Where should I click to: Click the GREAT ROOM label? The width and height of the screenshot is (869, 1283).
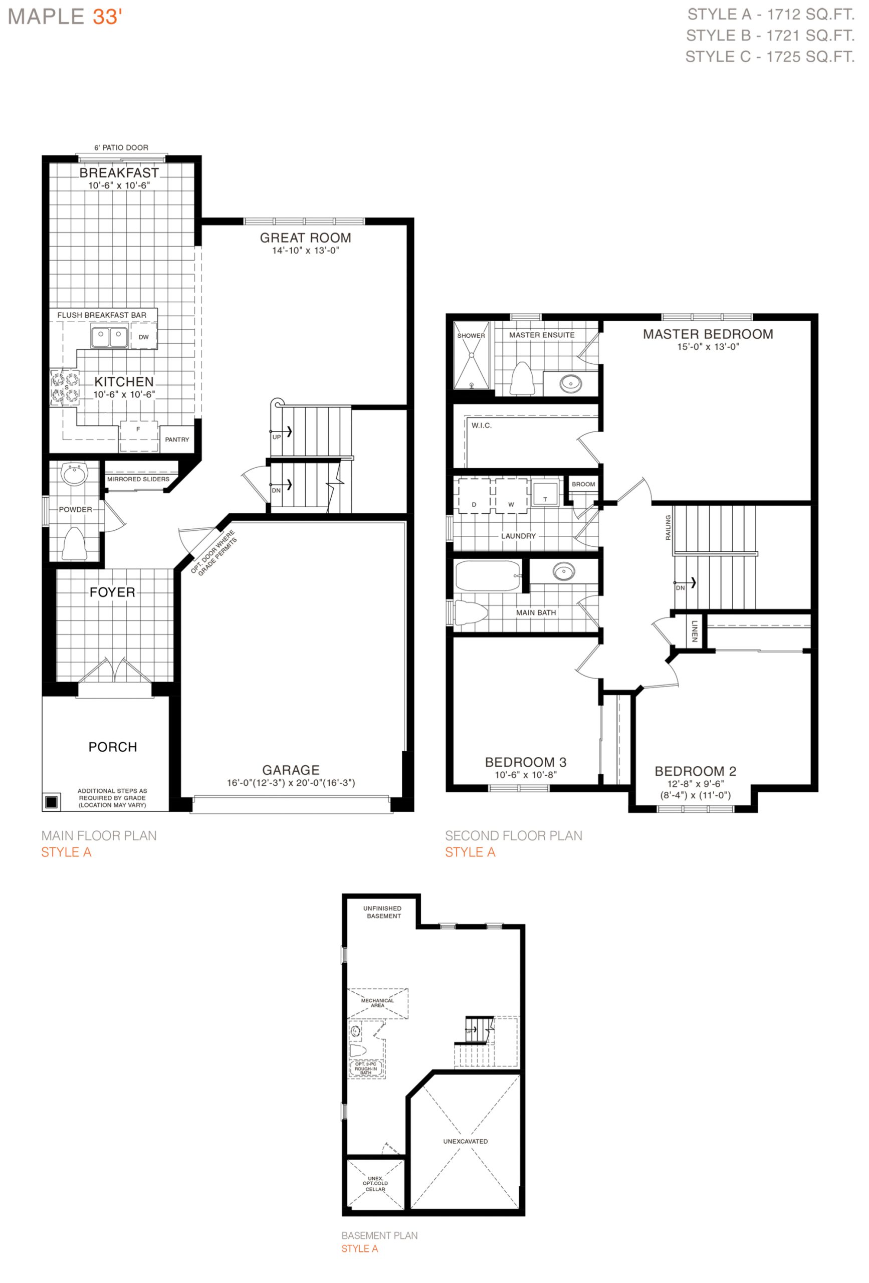tap(305, 238)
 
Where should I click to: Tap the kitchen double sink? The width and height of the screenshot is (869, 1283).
tap(109, 337)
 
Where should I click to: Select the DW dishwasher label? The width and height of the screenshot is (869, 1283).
tap(143, 337)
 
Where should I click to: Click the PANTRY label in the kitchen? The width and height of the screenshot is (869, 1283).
tap(177, 440)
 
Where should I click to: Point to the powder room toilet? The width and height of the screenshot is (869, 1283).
tap(74, 544)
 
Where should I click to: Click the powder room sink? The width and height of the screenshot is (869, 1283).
tap(74, 475)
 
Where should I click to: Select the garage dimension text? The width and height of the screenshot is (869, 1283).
tap(291, 783)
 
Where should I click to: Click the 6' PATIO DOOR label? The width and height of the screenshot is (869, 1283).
tap(121, 147)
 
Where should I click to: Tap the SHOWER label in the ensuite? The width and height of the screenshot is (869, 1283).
tap(471, 336)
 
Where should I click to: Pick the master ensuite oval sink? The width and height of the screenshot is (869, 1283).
tap(570, 382)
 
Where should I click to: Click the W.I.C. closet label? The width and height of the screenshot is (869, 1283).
tap(482, 425)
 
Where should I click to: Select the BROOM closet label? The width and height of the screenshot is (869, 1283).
tap(583, 484)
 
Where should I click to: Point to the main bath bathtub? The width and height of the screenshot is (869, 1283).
tap(488, 576)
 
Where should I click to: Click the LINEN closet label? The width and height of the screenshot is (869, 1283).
tap(694, 631)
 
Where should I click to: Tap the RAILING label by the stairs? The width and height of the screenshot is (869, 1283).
tap(668, 527)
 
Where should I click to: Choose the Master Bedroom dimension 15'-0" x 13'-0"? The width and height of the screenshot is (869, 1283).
tap(708, 347)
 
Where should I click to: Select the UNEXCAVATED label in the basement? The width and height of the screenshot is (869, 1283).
tap(466, 1141)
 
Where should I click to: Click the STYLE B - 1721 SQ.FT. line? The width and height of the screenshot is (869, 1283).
tap(770, 35)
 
